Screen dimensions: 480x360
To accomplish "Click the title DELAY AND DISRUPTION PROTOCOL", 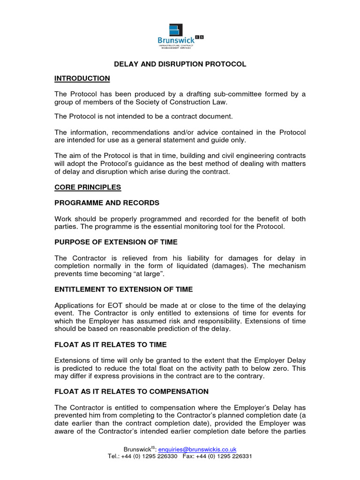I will (x=180, y=64).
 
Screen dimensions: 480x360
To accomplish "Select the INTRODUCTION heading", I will (x=82, y=78).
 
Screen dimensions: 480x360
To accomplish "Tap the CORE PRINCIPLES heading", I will (x=88, y=187).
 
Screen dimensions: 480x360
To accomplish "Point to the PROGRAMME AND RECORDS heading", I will (x=107, y=203).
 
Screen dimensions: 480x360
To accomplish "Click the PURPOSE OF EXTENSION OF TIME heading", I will (x=116, y=242).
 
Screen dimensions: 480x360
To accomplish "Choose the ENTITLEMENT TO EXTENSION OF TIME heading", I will (x=123, y=289).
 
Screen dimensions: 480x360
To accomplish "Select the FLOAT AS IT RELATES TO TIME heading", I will (x=110, y=345).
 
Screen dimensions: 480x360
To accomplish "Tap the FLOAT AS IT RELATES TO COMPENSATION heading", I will (x=131, y=391).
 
